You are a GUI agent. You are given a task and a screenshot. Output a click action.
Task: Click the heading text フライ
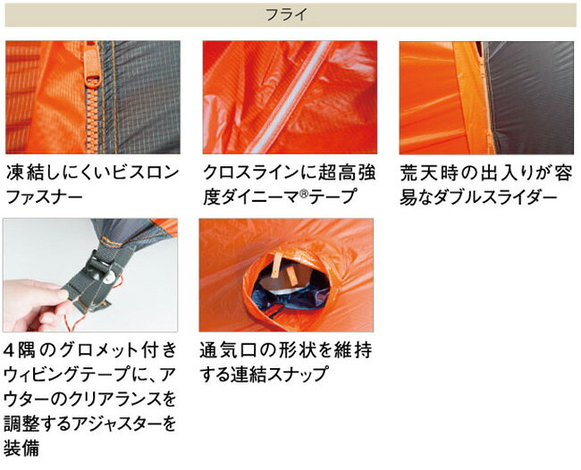290,14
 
